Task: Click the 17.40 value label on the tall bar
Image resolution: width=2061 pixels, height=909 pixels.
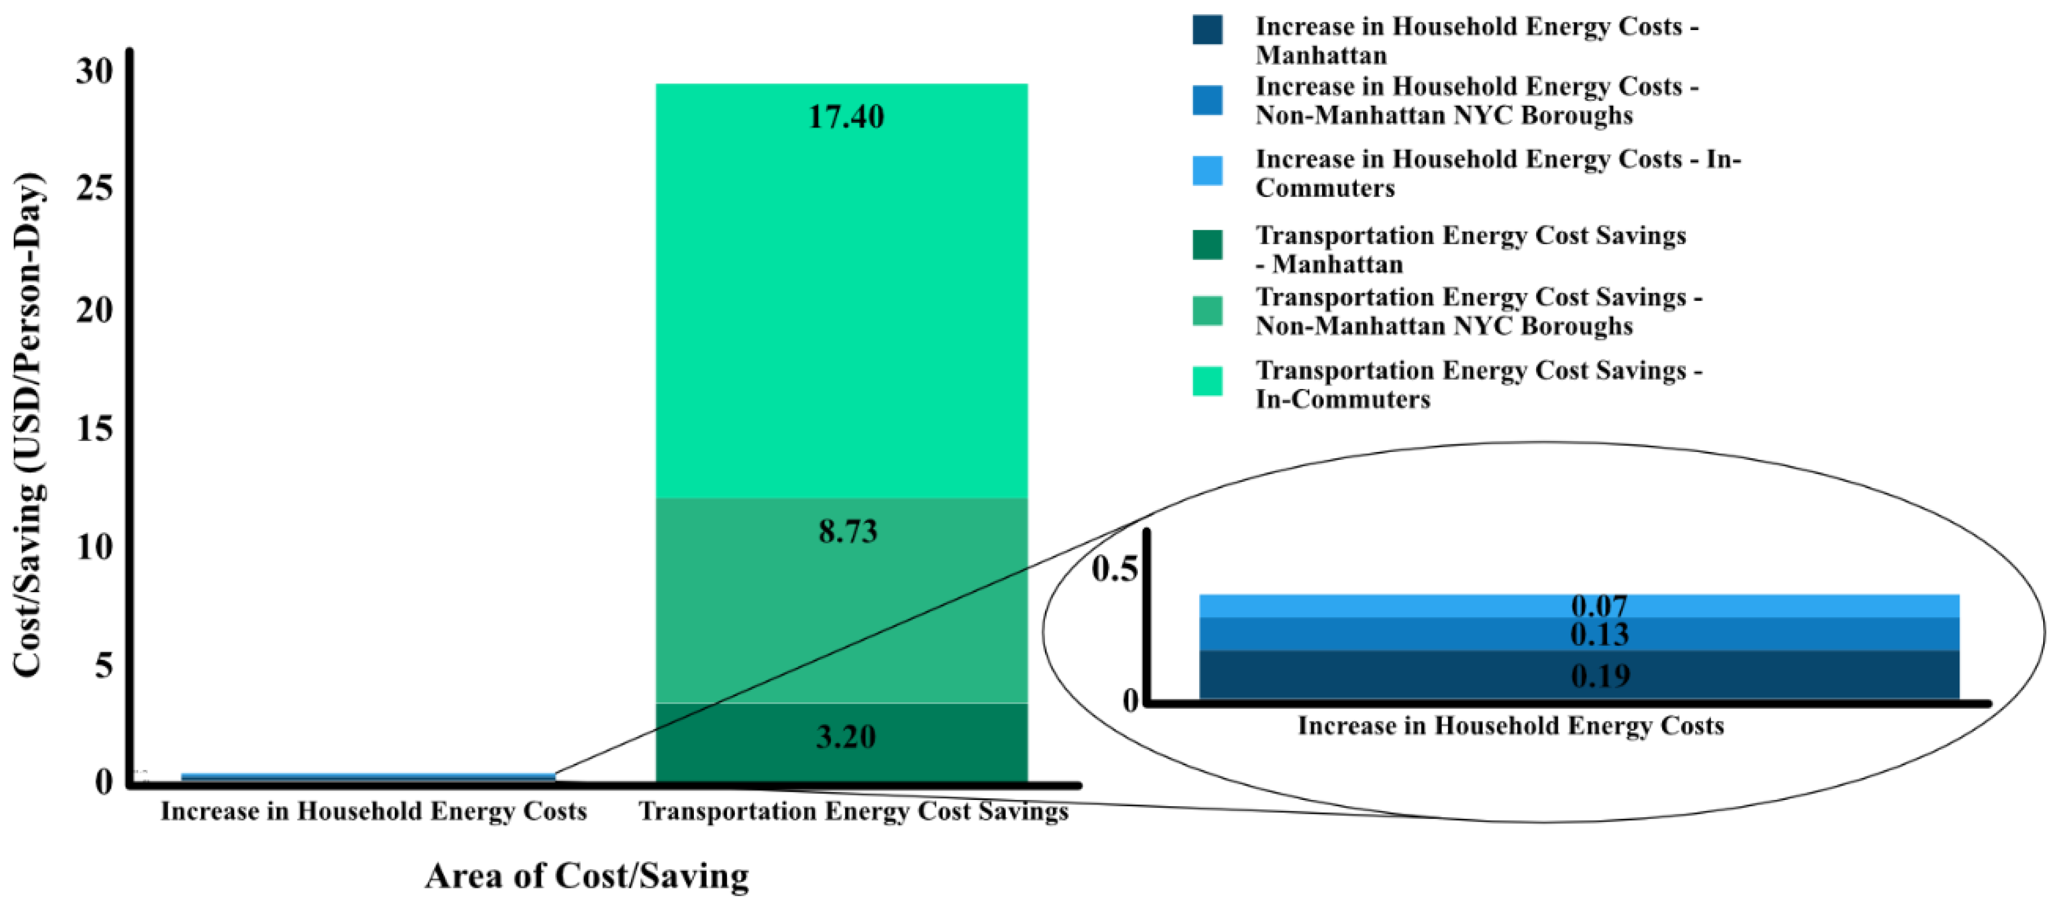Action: tap(846, 117)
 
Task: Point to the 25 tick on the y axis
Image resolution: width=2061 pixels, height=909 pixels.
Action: tap(95, 190)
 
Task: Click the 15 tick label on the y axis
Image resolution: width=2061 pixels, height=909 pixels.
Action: tap(95, 429)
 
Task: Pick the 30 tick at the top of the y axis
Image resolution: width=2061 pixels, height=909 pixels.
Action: tap(95, 71)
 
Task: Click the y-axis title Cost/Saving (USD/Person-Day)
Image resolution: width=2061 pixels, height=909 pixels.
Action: tap(29, 424)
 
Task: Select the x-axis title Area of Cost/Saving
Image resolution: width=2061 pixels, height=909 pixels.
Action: tap(587, 876)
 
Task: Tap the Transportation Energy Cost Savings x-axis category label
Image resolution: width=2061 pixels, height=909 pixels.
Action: tap(853, 811)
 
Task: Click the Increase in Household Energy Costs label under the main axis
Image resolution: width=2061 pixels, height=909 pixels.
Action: tap(374, 811)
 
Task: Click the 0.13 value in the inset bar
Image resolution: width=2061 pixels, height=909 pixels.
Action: tap(1599, 634)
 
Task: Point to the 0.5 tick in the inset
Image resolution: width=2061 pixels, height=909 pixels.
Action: tap(1114, 569)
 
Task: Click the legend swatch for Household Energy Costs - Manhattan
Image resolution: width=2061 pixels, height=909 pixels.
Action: tap(1207, 29)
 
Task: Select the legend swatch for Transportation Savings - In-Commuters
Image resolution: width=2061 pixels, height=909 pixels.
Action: tap(1207, 381)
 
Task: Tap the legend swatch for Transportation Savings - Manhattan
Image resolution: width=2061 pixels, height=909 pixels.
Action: tap(1207, 245)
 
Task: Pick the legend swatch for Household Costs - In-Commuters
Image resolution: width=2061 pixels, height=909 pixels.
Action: tap(1207, 170)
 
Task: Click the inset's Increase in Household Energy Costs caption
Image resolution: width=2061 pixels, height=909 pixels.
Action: tap(1510, 726)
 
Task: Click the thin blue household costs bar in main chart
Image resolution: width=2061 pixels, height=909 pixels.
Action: tap(368, 776)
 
